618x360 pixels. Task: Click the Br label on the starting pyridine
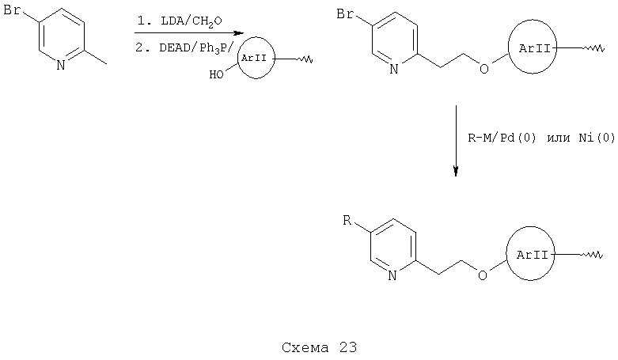coord(12,9)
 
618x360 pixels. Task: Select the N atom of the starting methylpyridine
coord(61,65)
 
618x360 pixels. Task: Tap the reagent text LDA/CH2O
coord(191,21)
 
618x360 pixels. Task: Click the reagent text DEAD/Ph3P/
coord(196,48)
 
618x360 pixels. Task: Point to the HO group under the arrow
coord(216,74)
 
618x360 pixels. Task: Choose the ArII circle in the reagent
coord(237,59)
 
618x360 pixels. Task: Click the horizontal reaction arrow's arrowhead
coord(238,33)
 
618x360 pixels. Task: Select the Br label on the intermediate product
coord(345,14)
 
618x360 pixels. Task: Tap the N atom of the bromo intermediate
coord(394,70)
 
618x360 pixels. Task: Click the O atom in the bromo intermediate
coord(484,69)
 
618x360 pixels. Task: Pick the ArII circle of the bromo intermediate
coord(509,48)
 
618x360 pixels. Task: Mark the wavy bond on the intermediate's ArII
coord(593,48)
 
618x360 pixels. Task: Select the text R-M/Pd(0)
coord(502,138)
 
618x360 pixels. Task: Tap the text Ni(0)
coord(597,138)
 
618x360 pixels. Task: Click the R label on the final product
coord(347,220)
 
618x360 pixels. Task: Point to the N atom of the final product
coord(392,275)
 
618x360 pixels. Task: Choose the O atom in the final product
coord(483,275)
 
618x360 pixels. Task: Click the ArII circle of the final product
coord(506,255)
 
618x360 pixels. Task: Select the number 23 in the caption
coord(347,347)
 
